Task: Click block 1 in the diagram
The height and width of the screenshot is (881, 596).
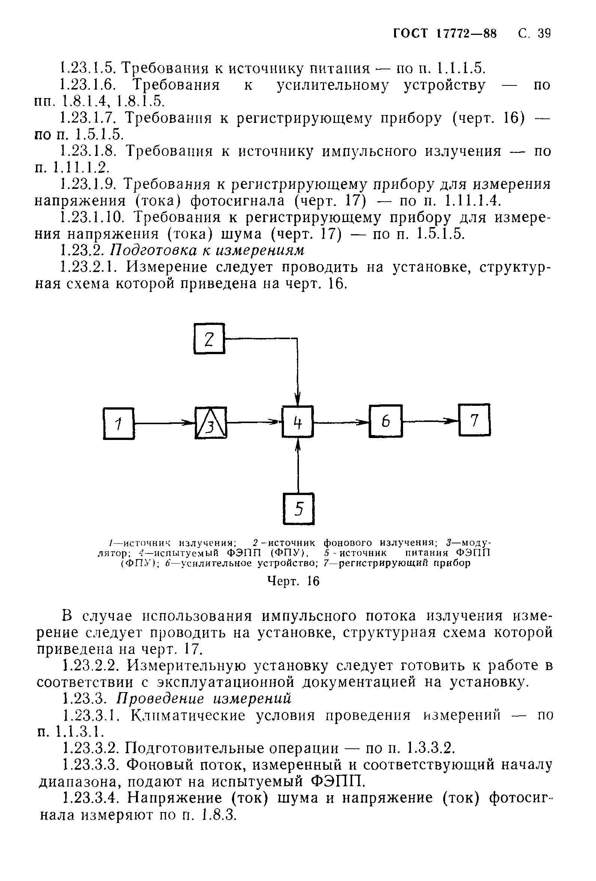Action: (x=119, y=423)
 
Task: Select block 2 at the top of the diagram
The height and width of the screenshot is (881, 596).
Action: (x=209, y=338)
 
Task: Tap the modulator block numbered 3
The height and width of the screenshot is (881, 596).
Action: (x=211, y=423)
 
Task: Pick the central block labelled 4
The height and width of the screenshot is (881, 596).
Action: (x=297, y=421)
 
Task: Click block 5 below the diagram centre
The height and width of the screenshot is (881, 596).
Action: (x=299, y=509)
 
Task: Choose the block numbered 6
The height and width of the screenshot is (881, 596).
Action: (x=385, y=421)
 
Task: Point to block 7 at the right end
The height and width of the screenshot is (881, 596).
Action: (x=474, y=420)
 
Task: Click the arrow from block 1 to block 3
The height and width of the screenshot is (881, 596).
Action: (x=164, y=422)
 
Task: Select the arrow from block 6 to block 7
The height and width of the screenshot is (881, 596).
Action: (x=430, y=420)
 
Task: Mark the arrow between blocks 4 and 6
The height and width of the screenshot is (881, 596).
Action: (x=341, y=421)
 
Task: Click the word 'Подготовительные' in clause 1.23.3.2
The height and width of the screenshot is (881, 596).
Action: (x=232, y=748)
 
